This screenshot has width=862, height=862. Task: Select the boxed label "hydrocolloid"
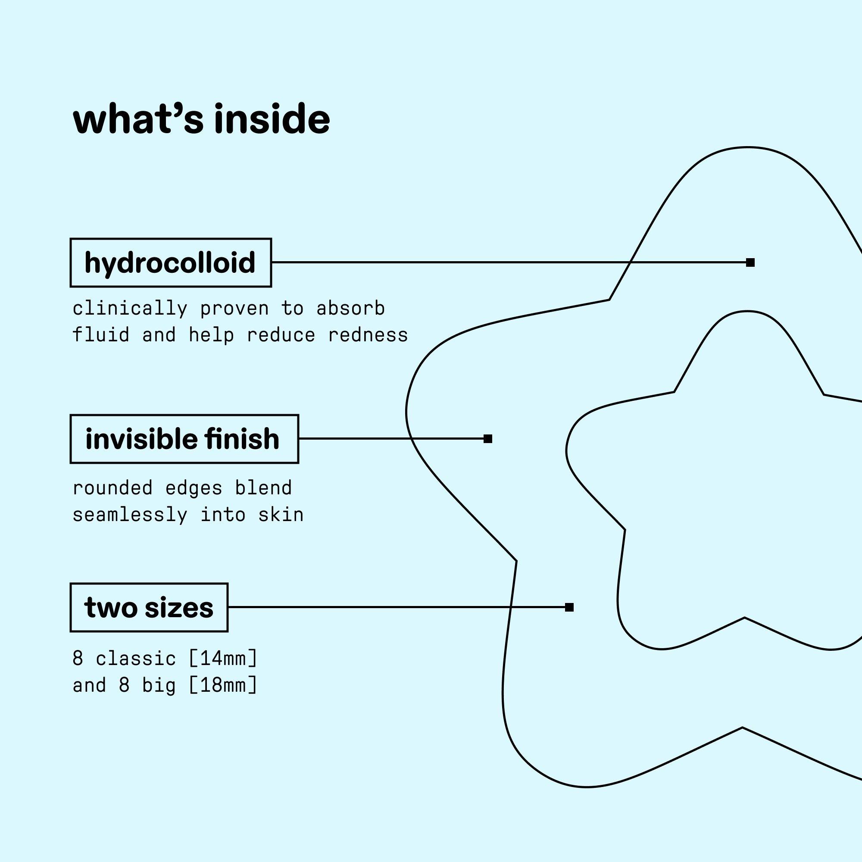point(170,262)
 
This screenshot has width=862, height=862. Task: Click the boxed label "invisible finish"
point(184,439)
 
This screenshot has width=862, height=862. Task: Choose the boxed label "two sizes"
point(149,607)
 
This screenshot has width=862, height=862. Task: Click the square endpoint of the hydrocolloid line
point(750,262)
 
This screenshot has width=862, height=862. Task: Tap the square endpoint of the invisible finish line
point(487,439)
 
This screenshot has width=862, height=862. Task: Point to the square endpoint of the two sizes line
point(569,607)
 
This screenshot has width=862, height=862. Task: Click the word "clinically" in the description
point(129,309)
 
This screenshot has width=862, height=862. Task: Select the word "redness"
point(368,335)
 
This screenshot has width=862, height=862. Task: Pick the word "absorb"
point(350,309)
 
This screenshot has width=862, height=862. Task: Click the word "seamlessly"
point(129,515)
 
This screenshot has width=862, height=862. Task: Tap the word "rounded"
point(112,487)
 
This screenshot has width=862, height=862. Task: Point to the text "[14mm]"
point(223,659)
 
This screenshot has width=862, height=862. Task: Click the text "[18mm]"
point(223,685)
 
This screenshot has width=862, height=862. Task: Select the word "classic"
point(136,659)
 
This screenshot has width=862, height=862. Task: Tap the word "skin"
point(281,515)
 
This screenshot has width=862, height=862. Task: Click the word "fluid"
point(101,335)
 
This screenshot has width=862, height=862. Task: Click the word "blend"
point(263,487)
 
